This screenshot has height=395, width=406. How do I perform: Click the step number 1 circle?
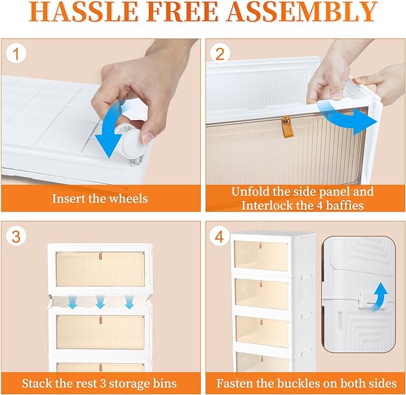coord(16,54)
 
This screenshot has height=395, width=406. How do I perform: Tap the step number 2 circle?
coord(220,54)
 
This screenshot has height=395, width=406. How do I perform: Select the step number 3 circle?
coord(16,237)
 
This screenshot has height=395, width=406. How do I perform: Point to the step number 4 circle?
coord(220,237)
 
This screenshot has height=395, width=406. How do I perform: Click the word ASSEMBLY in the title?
coord(302,12)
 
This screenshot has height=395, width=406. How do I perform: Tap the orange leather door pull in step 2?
coord(286,127)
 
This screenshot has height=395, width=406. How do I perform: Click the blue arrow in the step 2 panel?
coord(347,117)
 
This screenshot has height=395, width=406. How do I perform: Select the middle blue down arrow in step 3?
coord(100,302)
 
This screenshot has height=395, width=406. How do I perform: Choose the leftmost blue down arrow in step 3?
coord(73,302)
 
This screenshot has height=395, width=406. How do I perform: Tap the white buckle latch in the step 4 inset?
coord(360,300)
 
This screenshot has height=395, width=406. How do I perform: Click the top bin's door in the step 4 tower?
coord(261,256)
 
